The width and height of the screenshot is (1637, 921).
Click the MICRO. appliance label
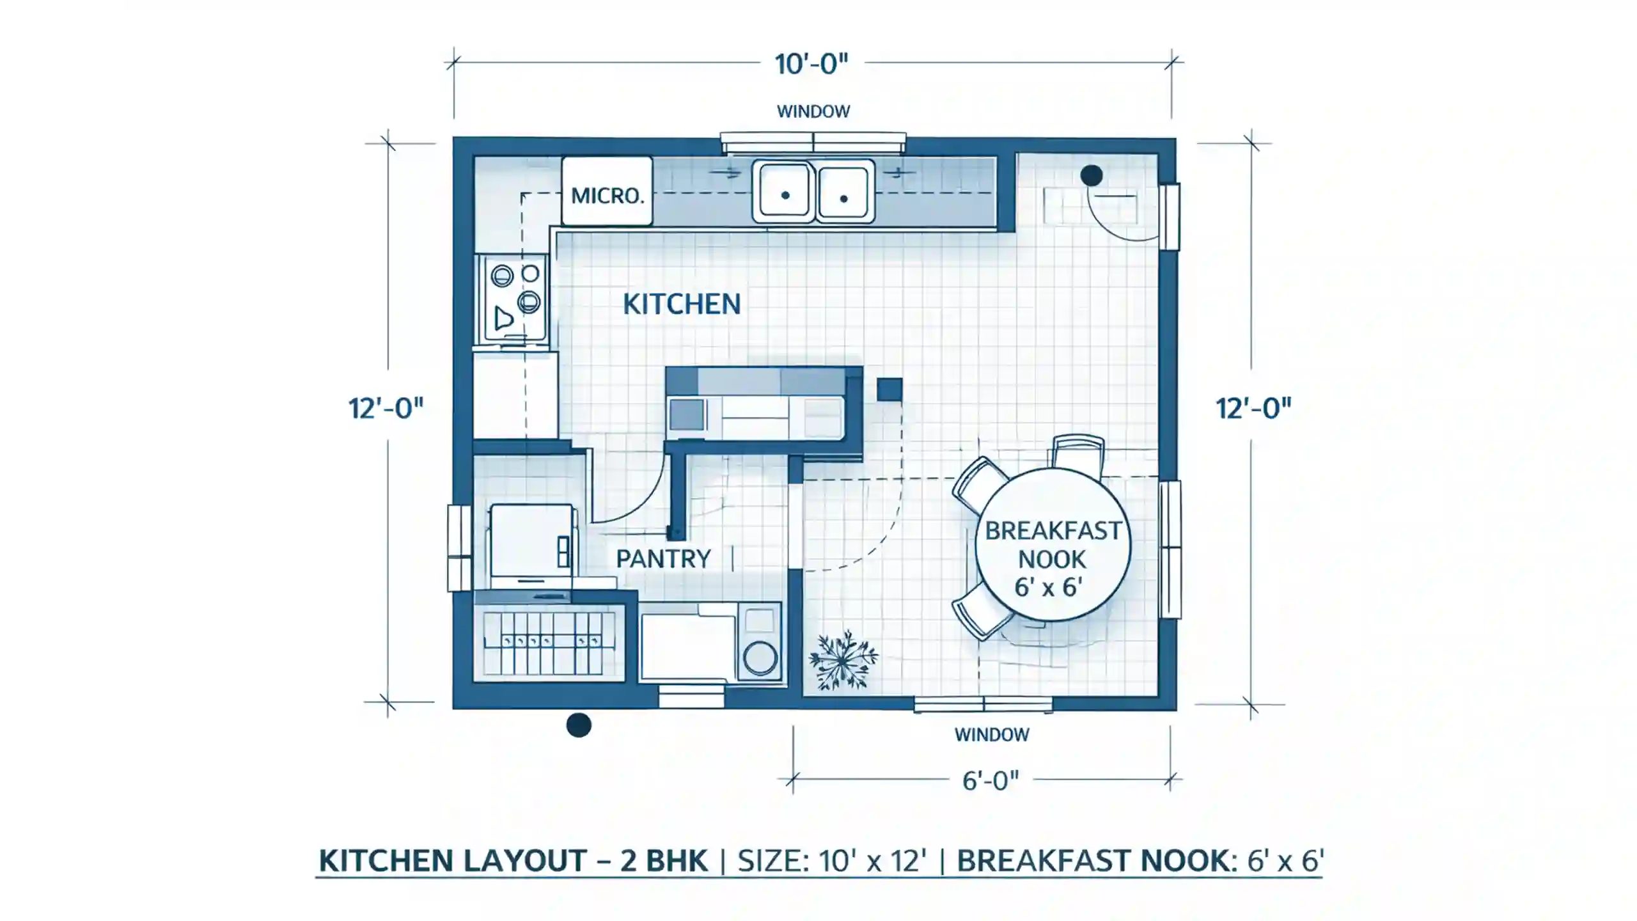tap(607, 196)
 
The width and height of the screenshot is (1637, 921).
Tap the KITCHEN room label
tap(682, 304)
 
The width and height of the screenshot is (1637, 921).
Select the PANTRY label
tap(663, 559)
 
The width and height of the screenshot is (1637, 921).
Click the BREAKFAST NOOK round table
tap(1053, 544)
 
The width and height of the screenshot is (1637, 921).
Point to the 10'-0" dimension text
tap(811, 65)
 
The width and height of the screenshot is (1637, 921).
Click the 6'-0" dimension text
tap(991, 781)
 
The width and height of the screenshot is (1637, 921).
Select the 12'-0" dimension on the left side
tap(386, 408)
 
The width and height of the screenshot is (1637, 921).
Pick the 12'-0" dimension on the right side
tap(1253, 408)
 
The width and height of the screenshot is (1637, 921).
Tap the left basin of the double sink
tap(784, 192)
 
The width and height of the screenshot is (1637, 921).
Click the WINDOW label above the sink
tap(813, 111)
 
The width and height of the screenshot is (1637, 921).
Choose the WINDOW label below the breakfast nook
tap(992, 735)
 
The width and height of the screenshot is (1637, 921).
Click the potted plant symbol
tap(843, 659)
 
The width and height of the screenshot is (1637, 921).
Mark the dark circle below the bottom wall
tap(579, 725)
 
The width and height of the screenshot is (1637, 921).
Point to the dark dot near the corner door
tap(1092, 175)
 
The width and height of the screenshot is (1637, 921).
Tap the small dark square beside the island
tap(889, 390)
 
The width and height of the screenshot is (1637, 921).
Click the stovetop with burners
tap(515, 298)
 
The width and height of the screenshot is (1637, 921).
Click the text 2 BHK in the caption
tap(664, 861)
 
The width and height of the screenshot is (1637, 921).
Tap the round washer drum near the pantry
tap(760, 657)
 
